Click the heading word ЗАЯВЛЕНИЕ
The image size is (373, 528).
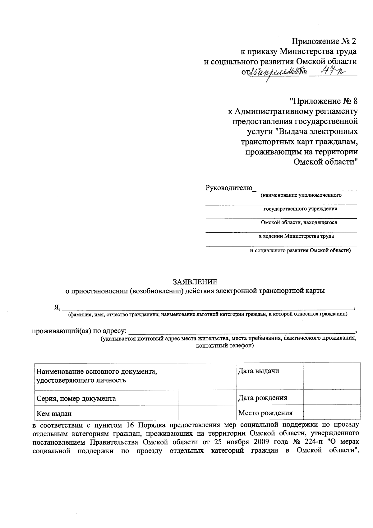pyautogui.click(x=195, y=282)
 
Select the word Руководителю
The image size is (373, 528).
pyautogui.click(x=229, y=188)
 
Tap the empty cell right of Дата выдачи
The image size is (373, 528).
pyautogui.click(x=331, y=376)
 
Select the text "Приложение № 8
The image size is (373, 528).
pyautogui.click(x=324, y=101)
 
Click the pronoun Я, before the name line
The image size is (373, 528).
pyautogui.click(x=57, y=307)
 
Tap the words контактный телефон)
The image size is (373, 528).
pyautogui.click(x=225, y=346)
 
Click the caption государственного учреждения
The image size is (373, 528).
pyautogui.click(x=300, y=209)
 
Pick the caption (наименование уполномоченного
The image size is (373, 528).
pyautogui.click(x=301, y=195)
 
